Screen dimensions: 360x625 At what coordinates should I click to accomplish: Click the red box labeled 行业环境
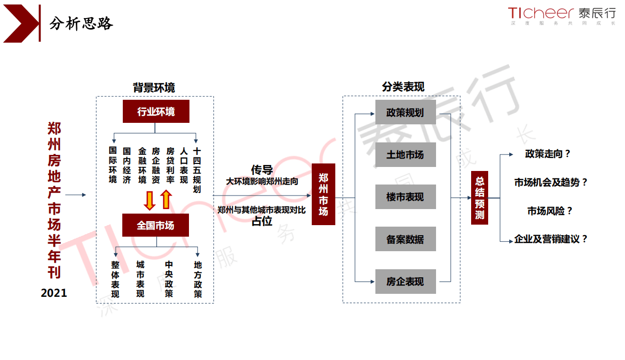156,111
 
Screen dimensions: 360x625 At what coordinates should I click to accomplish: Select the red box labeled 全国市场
155,226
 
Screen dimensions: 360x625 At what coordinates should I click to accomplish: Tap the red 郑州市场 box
323,194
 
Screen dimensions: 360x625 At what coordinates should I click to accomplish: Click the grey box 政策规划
405,112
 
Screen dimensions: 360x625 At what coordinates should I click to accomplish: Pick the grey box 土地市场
405,155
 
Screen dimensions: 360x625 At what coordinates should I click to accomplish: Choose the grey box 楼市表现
405,197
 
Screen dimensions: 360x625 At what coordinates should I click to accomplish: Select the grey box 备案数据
405,239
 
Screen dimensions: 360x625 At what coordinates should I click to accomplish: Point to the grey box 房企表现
405,282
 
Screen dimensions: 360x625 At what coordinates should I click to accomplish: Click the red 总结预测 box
480,198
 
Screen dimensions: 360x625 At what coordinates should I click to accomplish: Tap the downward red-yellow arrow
149,200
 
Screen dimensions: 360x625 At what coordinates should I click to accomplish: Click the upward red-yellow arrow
166,200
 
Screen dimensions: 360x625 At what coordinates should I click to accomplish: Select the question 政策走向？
548,154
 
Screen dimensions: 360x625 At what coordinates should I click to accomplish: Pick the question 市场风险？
549,211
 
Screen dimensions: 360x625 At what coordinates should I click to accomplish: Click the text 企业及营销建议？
551,239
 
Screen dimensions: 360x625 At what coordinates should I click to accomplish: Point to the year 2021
54,293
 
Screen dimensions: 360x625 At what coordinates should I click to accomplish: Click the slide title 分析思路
81,23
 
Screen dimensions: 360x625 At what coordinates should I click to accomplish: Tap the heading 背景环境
154,88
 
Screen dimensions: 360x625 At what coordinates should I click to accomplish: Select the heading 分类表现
403,87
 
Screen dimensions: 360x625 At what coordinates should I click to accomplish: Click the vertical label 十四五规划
197,170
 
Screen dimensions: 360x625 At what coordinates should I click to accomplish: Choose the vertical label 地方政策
198,279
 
